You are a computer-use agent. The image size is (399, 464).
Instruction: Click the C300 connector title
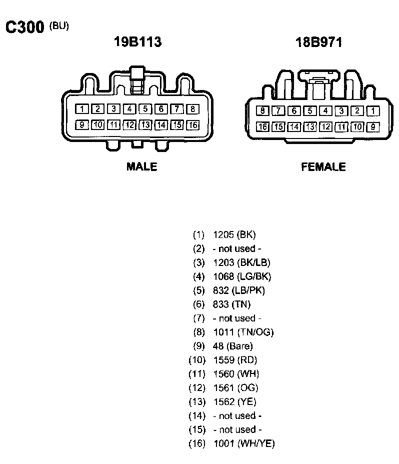click(x=24, y=27)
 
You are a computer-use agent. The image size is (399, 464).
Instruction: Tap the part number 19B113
click(x=138, y=42)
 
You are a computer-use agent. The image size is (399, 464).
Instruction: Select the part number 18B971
click(x=318, y=42)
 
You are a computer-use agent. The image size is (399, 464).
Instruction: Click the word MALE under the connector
click(x=141, y=166)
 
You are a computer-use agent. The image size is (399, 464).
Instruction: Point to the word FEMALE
click(x=323, y=166)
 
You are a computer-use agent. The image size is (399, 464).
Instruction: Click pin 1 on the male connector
click(x=83, y=108)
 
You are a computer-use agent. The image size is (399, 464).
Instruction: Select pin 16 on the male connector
click(x=192, y=125)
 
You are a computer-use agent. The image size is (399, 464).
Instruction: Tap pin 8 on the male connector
click(x=192, y=108)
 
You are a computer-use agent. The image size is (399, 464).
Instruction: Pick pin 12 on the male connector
click(x=130, y=125)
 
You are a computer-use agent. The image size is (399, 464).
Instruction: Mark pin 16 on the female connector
click(x=262, y=126)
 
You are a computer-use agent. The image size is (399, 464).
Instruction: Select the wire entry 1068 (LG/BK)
click(x=242, y=276)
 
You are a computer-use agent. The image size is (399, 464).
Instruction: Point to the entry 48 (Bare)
click(x=232, y=346)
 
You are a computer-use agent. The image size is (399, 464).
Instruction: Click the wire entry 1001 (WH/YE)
click(x=243, y=443)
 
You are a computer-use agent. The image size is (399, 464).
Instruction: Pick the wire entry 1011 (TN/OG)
click(x=243, y=332)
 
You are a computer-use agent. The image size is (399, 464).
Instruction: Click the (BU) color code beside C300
click(x=59, y=25)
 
